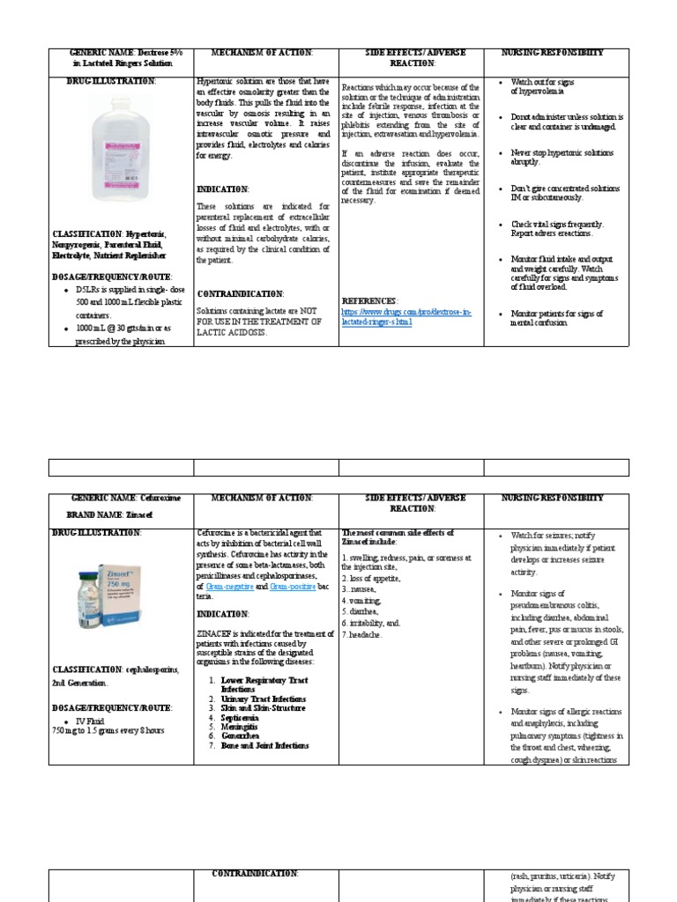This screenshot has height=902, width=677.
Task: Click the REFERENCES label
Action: coord(368,301)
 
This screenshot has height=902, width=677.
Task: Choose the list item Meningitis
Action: coord(245,727)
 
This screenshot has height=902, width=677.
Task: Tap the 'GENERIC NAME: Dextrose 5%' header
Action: coord(127,53)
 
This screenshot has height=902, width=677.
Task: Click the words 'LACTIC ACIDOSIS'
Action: coord(232,334)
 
